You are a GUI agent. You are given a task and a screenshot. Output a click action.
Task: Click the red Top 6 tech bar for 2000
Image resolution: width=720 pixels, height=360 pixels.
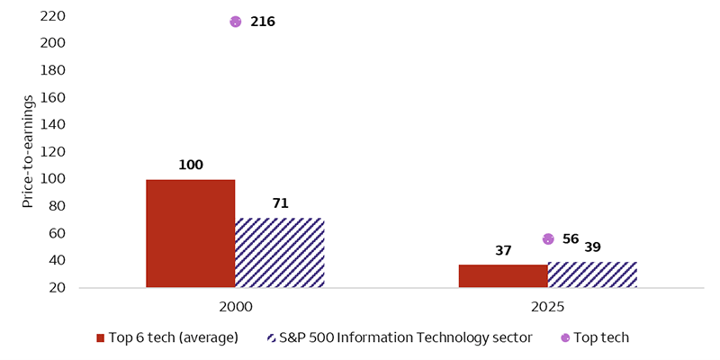pyautogui.click(x=191, y=234)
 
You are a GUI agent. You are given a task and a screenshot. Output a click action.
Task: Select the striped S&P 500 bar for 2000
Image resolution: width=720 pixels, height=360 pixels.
pyautogui.click(x=279, y=253)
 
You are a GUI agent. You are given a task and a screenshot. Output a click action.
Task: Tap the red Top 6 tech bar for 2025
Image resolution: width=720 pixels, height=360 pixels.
pyautogui.click(x=503, y=276)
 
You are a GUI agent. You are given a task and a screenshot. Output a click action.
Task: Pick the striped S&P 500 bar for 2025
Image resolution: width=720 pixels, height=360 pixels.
pyautogui.click(x=591, y=274)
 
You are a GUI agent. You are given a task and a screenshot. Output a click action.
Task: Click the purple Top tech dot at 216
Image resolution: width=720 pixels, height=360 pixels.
pyautogui.click(x=236, y=22)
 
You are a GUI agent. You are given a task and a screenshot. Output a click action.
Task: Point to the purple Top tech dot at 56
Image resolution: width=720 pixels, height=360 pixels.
pyautogui.click(x=548, y=238)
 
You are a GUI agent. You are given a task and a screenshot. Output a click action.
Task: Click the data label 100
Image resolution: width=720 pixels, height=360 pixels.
pyautogui.click(x=191, y=165)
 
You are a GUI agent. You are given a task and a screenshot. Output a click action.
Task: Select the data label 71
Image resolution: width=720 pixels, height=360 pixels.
pyautogui.click(x=280, y=203)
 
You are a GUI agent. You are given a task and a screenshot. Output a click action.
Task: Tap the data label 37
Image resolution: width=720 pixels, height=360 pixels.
pyautogui.click(x=503, y=249)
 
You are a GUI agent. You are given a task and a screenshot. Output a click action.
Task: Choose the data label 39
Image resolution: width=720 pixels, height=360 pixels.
pyautogui.click(x=592, y=247)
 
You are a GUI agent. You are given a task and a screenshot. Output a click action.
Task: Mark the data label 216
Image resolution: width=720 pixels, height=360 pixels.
pyautogui.click(x=262, y=22)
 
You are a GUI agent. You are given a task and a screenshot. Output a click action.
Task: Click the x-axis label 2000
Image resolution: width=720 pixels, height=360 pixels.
pyautogui.click(x=235, y=307)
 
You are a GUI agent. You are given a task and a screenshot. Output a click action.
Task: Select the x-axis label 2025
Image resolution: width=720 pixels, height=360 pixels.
pyautogui.click(x=547, y=307)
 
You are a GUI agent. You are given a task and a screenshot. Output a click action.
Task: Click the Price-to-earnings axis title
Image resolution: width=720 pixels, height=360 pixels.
pyautogui.click(x=29, y=151)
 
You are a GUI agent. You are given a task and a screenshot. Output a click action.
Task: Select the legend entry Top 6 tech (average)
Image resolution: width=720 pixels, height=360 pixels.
pyautogui.click(x=166, y=337)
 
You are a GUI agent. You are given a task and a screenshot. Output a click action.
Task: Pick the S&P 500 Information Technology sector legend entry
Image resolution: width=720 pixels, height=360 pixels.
pyautogui.click(x=400, y=337)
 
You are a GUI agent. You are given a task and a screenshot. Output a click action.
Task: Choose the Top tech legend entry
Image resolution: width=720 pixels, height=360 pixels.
pyautogui.click(x=595, y=337)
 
